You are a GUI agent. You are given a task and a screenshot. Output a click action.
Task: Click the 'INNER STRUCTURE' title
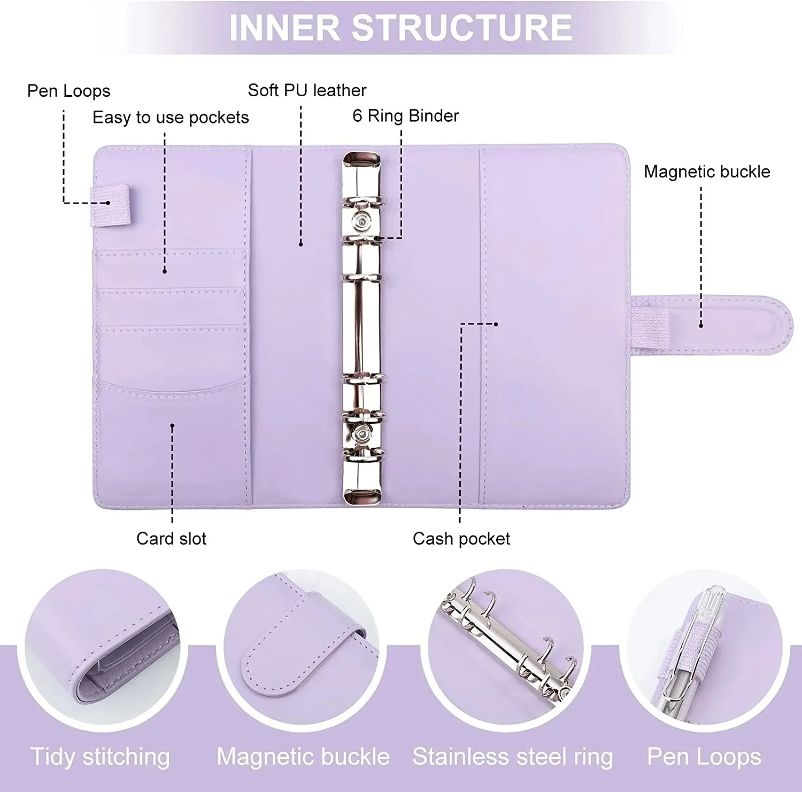click(x=400, y=28)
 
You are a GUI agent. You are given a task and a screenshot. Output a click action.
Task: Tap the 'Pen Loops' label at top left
click(x=68, y=91)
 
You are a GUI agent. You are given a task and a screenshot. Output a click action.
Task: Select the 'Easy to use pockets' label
click(x=171, y=118)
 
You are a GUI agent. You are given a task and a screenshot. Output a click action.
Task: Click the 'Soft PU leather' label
click(x=307, y=90)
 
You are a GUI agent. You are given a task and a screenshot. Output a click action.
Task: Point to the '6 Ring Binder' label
click(x=405, y=116)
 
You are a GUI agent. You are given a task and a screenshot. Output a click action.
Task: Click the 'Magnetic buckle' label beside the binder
click(x=706, y=172)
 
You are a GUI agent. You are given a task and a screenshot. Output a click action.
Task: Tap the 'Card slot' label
click(x=171, y=538)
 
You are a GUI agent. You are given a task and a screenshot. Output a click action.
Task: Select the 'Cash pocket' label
click(x=461, y=538)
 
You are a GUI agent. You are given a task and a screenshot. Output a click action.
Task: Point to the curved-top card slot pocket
click(x=171, y=428)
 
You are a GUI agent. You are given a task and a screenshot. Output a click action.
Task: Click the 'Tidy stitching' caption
click(x=100, y=757)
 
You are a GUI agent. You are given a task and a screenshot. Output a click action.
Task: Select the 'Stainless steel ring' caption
click(x=512, y=757)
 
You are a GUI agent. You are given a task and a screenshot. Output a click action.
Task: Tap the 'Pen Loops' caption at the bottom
click(x=704, y=757)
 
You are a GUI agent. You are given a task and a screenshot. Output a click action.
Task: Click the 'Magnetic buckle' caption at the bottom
click(x=303, y=757)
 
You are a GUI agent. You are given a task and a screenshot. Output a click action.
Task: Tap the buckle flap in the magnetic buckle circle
click(x=299, y=657)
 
